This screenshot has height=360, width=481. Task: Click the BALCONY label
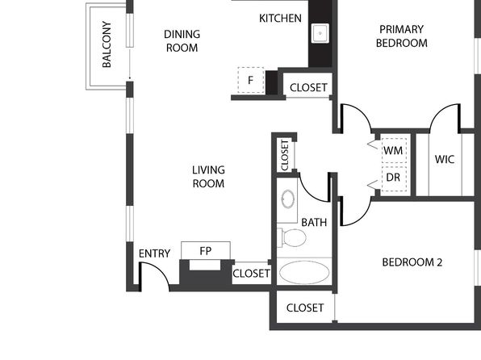(107, 44)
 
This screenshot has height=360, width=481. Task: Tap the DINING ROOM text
(182, 41)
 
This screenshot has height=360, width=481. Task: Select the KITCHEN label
(280, 19)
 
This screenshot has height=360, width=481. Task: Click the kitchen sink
(320, 33)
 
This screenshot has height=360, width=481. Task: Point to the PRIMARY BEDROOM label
(402, 36)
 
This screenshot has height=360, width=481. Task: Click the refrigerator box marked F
(251, 80)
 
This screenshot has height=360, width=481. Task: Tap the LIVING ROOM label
(208, 177)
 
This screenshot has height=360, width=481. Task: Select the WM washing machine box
(394, 151)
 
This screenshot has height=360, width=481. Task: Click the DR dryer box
(394, 178)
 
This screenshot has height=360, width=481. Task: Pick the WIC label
(445, 159)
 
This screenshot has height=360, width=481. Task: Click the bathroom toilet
(291, 237)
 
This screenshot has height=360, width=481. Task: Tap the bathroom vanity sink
(288, 199)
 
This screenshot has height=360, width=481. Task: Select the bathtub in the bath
(304, 272)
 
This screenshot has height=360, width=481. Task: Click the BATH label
(314, 222)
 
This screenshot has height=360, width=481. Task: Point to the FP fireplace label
(206, 251)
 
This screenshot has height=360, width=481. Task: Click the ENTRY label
(154, 253)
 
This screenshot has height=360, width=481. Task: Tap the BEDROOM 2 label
(412, 262)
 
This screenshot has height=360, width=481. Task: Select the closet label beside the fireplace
(251, 273)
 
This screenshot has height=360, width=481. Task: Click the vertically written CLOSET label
(285, 155)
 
